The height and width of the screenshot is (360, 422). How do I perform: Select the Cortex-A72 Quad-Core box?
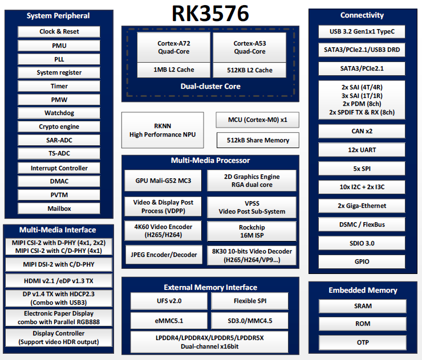[x=173, y=47]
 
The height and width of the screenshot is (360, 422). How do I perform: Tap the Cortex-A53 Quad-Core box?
[x=249, y=47]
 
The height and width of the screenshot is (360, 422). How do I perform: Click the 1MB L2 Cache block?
[x=173, y=70]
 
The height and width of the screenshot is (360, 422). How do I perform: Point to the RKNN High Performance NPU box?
[x=162, y=130]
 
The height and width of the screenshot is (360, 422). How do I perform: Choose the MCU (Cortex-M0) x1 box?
[x=258, y=120]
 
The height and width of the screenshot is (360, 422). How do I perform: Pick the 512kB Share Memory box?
[x=258, y=140]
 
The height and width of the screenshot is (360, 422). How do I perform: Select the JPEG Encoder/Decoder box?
[x=163, y=255]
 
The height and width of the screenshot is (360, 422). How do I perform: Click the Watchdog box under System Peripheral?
[x=59, y=113]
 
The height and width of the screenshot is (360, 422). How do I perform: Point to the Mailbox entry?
[x=59, y=208]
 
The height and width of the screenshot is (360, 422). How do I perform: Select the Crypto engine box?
[x=59, y=126]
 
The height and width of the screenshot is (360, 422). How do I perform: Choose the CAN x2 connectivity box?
[x=362, y=131]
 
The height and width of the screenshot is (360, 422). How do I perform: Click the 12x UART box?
[x=362, y=150]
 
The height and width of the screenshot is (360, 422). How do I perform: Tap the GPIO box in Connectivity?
[x=362, y=261]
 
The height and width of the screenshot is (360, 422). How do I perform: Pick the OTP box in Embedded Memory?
[x=362, y=342]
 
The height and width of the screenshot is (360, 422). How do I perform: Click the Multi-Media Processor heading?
[x=210, y=161]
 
